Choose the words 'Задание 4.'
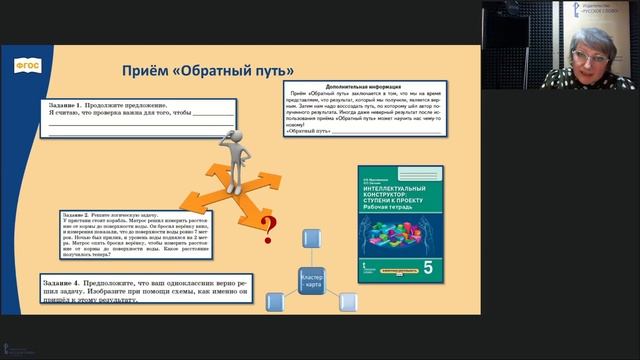[66, 284]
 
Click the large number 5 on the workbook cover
[431, 268]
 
